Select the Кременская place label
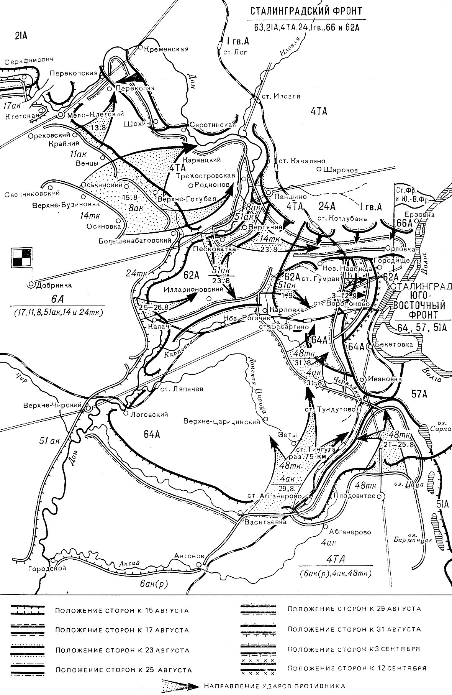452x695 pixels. click(166, 49)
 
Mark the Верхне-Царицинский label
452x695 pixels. click(222, 421)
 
